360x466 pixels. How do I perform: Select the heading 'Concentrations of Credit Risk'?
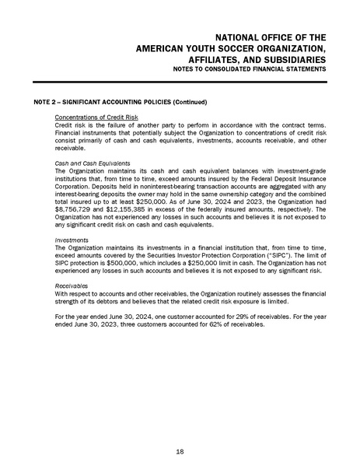90,117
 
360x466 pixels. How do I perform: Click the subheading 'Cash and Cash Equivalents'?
86,163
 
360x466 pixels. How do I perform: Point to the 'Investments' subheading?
68,240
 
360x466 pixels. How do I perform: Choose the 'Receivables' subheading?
68,286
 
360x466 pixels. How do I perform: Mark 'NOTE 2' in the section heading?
47,102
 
